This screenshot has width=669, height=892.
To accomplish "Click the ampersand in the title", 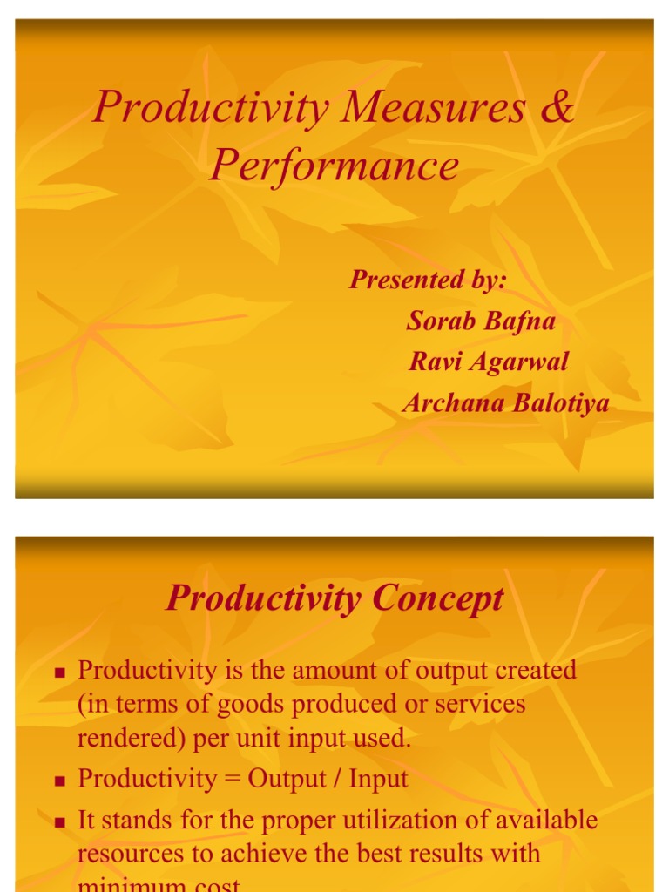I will [x=557, y=108].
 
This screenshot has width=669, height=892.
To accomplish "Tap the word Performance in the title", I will [x=334, y=166].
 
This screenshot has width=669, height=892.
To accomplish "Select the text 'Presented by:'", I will [x=428, y=280].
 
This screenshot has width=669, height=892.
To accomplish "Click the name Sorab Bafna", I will [x=481, y=321].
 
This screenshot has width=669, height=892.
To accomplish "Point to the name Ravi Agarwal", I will [x=489, y=361].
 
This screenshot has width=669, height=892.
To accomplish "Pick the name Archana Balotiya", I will [x=505, y=403].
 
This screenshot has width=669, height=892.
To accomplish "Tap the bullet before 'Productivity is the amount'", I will [x=60, y=672].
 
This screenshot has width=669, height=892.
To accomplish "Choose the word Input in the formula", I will [x=378, y=779].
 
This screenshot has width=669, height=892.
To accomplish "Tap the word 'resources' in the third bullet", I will [x=130, y=854].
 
